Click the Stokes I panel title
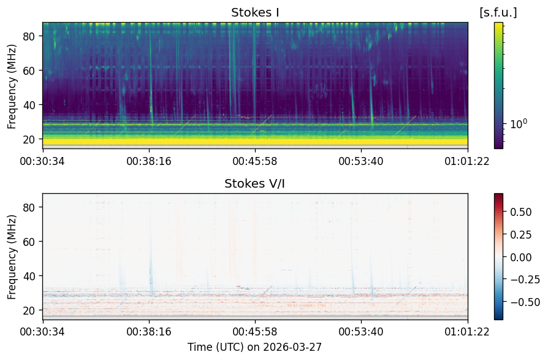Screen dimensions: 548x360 coord(255,13)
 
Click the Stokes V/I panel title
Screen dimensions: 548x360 coord(255,183)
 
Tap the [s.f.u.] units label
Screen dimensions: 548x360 coord(498,13)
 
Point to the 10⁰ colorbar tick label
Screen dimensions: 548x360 coord(519,124)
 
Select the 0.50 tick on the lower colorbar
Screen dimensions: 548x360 coord(521,212)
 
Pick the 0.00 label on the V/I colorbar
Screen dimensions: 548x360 coord(521,257)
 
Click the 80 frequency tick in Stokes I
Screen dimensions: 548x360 coord(28,36)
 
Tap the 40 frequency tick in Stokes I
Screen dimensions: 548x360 coord(28,104)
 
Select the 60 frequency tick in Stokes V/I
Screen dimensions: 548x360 coord(28,242)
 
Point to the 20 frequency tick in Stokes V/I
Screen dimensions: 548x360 coord(28,310)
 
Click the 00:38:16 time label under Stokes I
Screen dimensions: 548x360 coord(149,161)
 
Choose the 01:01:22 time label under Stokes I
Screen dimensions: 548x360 coord(467,161)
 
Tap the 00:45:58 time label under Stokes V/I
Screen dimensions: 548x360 coord(255,331)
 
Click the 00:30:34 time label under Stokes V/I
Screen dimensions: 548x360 coord(42,331)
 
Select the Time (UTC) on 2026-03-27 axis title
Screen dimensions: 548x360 coord(254,347)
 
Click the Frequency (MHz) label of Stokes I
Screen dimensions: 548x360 coord(12,86)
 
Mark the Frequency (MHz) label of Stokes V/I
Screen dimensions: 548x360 coord(12,257)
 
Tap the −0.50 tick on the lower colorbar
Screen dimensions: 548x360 coord(521,302)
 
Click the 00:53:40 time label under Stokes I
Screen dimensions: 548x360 coord(360,161)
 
